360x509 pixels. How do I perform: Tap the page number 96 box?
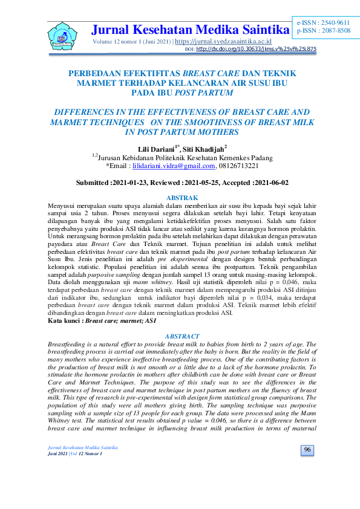(307, 467)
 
